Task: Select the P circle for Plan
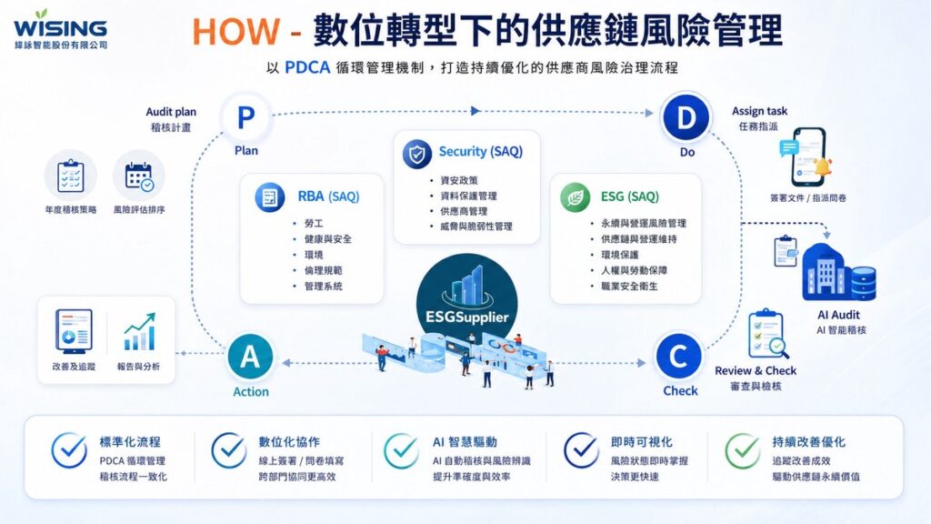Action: tap(245, 117)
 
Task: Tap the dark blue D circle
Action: tap(686, 117)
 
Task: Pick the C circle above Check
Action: tap(678, 357)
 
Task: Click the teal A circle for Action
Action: tap(250, 357)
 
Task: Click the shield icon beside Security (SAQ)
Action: tap(416, 153)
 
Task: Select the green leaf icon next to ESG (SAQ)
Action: tap(576, 197)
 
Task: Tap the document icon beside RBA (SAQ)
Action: tap(270, 197)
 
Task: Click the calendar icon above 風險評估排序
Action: tap(139, 176)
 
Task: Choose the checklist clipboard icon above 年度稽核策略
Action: tap(71, 176)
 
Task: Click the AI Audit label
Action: tap(838, 315)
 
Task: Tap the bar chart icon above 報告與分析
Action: tap(139, 331)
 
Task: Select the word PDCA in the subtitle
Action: tap(307, 67)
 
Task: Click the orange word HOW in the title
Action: tap(236, 32)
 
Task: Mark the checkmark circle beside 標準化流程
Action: tap(69, 450)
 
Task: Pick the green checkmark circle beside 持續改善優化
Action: tap(743, 450)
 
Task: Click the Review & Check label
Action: tap(756, 371)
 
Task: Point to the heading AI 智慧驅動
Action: tap(465, 442)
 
